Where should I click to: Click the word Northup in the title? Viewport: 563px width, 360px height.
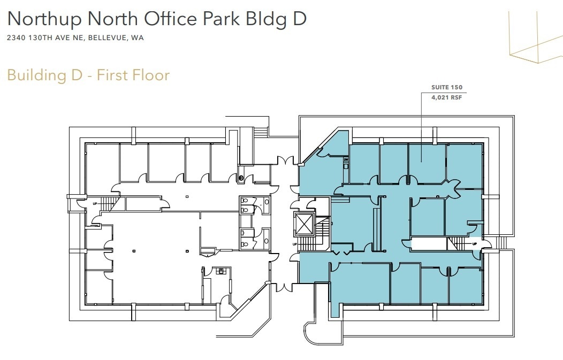pos(45,19)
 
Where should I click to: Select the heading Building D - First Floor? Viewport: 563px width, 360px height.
pos(88,75)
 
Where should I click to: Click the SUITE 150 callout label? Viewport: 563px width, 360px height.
pos(447,87)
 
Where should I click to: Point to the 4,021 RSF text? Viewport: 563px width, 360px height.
pos(447,97)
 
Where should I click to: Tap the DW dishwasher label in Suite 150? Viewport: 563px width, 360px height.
pos(346,159)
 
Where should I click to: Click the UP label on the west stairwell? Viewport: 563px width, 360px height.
pos(95,204)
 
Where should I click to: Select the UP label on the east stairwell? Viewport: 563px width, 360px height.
pos(475,244)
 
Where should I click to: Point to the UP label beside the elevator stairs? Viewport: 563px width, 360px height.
pos(295,244)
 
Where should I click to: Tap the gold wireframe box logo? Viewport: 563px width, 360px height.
pos(536,37)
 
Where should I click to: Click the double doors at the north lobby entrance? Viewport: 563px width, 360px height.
pos(285,161)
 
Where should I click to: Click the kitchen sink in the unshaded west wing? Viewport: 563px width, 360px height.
pos(220,271)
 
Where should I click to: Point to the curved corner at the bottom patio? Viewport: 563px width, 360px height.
pos(308,330)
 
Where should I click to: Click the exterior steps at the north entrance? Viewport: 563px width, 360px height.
pos(261,132)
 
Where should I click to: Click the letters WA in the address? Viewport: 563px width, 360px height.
pos(137,37)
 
